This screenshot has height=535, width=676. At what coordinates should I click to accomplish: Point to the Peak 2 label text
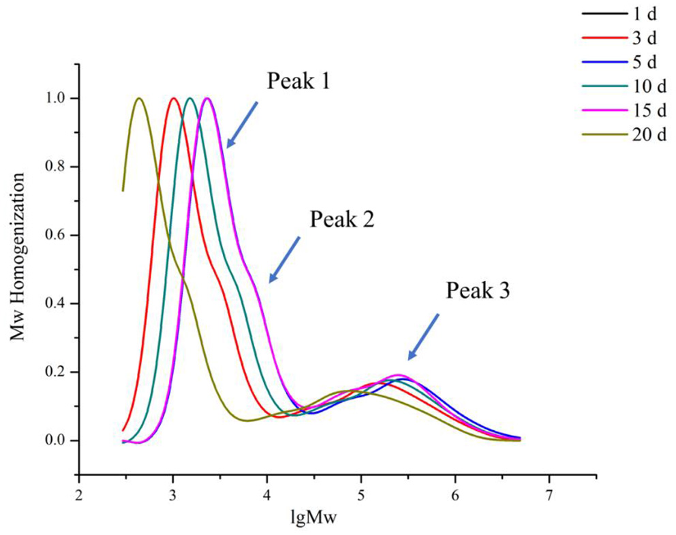tap(342, 219)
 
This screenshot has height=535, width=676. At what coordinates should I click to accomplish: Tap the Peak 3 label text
tap(478, 291)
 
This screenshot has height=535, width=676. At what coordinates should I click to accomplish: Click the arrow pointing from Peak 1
tap(243, 125)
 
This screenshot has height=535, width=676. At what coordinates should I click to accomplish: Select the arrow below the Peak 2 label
tap(285, 259)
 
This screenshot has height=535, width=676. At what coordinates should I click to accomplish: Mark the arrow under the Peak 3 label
tap(423, 337)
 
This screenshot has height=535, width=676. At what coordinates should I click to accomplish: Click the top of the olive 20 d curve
tap(139, 98)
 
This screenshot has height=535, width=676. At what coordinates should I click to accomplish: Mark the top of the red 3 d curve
tap(173, 98)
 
